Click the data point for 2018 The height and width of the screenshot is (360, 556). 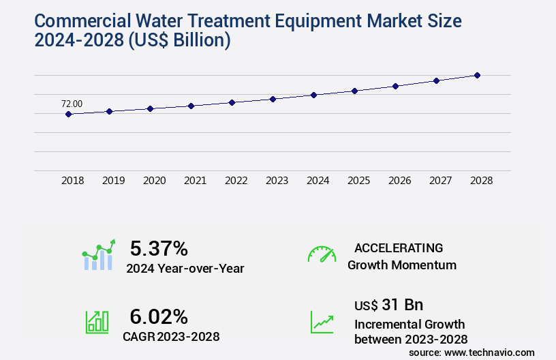tap(68, 114)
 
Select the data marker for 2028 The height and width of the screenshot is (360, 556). tap(477, 75)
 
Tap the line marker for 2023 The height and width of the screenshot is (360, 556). tap(273, 99)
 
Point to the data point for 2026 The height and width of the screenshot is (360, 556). tap(395, 86)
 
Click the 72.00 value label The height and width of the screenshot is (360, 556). tap(72, 104)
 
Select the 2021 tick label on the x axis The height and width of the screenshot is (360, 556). tap(196, 181)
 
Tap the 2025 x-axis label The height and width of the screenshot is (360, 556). tap(358, 181)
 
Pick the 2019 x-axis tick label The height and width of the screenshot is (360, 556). tap(114, 181)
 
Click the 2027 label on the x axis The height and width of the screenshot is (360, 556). tap(440, 181)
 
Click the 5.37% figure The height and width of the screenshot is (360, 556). tap(159, 248)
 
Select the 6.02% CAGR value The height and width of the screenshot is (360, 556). tap(159, 316)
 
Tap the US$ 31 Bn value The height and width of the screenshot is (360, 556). tap(388, 304)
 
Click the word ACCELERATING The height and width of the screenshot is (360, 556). tap(399, 247)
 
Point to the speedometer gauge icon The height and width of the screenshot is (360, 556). tap(322, 254)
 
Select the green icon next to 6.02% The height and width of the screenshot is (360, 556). tap(97, 322)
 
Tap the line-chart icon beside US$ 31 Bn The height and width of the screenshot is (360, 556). tap(322, 322)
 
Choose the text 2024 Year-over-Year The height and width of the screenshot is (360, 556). tap(185, 269)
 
